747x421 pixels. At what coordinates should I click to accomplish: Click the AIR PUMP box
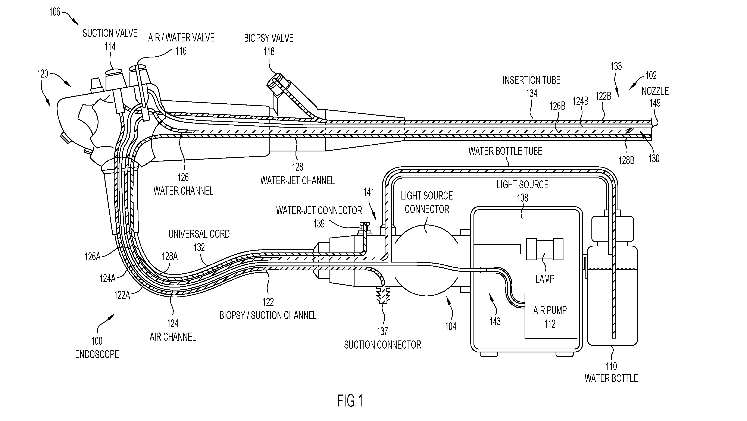(550, 315)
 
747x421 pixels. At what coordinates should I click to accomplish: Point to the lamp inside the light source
(545, 249)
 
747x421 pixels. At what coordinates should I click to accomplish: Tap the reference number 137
(382, 331)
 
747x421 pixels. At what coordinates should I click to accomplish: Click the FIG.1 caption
(350, 401)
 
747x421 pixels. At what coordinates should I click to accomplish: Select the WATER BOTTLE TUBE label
(505, 151)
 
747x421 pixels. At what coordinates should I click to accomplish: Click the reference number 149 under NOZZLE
(655, 103)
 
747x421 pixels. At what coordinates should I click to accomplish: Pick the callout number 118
(269, 52)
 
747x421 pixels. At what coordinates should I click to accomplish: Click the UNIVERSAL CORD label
(199, 234)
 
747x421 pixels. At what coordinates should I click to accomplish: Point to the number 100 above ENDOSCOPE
(97, 341)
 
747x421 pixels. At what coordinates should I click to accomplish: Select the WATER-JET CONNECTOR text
(319, 211)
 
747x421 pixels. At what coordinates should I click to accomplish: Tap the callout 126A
(93, 257)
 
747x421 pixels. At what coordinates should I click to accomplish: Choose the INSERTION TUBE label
(532, 80)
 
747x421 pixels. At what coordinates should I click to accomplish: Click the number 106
(54, 12)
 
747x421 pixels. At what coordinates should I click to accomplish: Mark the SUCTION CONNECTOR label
(382, 345)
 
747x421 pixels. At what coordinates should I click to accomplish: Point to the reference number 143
(495, 321)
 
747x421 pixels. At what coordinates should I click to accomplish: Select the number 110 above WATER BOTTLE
(611, 366)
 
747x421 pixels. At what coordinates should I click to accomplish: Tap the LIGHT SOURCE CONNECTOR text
(427, 202)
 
